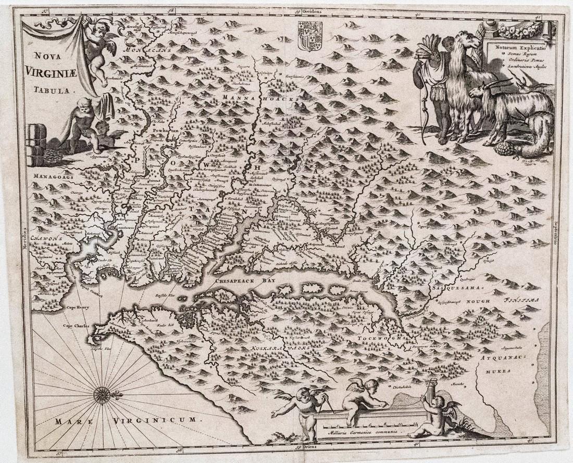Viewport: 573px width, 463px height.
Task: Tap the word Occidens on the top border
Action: click(314, 11)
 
